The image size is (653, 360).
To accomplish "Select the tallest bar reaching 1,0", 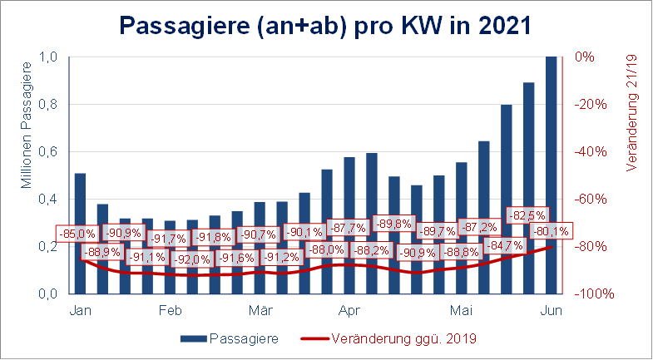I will pos(552,175).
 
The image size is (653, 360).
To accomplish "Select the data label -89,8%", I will pos(395,224).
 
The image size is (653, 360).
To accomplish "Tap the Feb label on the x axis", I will pos(170,311).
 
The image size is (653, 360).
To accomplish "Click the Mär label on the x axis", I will pos(260,311).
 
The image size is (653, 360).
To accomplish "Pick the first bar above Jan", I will pos(80,234).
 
